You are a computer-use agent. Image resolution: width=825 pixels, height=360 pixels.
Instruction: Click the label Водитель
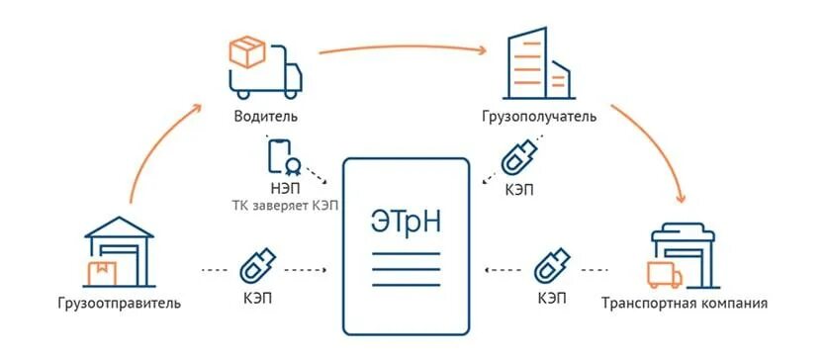[x=265, y=116]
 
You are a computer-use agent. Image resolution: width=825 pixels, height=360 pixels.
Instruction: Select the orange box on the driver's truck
[x=245, y=51]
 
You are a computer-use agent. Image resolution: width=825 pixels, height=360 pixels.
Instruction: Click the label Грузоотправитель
[x=120, y=302]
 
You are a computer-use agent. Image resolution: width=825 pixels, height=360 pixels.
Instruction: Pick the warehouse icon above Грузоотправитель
[x=120, y=251]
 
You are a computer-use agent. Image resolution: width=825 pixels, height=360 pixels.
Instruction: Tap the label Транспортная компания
[x=685, y=302]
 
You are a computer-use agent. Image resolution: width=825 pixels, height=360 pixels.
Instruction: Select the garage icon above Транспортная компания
[x=683, y=256]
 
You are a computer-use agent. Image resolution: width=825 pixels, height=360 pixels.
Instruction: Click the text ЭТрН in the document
[x=405, y=222]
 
